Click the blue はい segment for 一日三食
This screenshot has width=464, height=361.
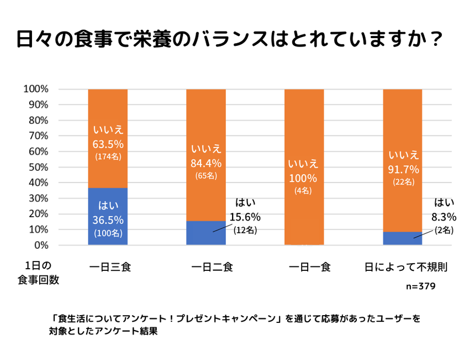pyautogui.click(x=108, y=216)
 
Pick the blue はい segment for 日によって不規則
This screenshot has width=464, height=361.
pyautogui.click(x=403, y=238)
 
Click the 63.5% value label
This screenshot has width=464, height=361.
pyautogui.click(x=108, y=144)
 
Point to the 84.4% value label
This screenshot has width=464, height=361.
pyautogui.click(x=206, y=163)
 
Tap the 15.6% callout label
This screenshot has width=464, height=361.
pyautogui.click(x=245, y=217)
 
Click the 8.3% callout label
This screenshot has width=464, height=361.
pyautogui.click(x=444, y=217)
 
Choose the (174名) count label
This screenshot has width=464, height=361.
pyautogui.click(x=108, y=156)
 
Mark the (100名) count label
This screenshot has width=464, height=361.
pyautogui.click(x=108, y=233)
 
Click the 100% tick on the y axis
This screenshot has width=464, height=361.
pyautogui.click(x=36, y=89)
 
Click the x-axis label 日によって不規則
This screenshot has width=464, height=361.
pyautogui.click(x=405, y=268)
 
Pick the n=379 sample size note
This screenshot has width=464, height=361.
pyautogui.click(x=421, y=286)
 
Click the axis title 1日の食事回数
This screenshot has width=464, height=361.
pyautogui.click(x=38, y=273)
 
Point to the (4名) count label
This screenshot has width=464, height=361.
pyautogui.click(x=304, y=191)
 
